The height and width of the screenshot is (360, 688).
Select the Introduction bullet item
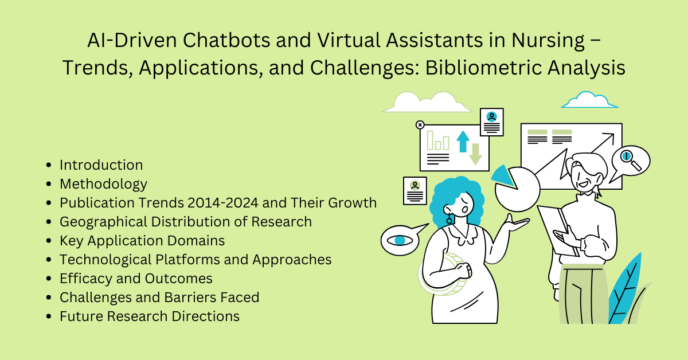(x=101, y=165)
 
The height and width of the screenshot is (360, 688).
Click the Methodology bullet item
(x=103, y=184)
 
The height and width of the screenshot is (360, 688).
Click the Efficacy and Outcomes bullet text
(x=136, y=279)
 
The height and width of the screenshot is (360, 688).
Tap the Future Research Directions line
(x=149, y=316)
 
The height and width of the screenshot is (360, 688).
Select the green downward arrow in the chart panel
(x=475, y=153)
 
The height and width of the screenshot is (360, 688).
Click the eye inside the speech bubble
(x=399, y=240)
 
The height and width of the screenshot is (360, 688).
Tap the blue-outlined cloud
(x=589, y=100)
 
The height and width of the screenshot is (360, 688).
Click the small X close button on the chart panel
(x=420, y=124)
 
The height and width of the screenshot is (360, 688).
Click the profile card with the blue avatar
(x=491, y=122)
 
